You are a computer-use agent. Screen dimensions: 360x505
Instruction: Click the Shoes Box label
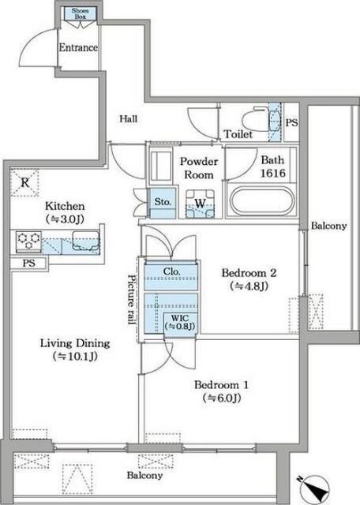[80, 13]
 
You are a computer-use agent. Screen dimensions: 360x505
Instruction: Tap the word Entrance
[78, 47]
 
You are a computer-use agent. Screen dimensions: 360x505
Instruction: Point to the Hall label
[128, 119]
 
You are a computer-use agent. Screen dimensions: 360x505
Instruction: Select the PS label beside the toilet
[291, 123]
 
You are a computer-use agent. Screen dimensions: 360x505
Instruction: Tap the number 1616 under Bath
[272, 174]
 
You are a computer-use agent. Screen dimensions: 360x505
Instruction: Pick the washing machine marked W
[201, 204]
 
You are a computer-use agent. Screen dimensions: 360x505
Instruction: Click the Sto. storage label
[163, 202]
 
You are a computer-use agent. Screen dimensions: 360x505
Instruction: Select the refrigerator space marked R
[25, 183]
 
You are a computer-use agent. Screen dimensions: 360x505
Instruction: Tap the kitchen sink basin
[86, 241]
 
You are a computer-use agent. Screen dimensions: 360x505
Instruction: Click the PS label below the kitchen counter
[28, 263]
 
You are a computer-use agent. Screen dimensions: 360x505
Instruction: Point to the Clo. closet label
[171, 271]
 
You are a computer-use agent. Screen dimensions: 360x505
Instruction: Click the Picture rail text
[132, 300]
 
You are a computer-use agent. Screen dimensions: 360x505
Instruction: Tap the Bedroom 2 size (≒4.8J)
[249, 286]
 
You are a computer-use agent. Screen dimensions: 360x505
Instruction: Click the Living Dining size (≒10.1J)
[75, 356]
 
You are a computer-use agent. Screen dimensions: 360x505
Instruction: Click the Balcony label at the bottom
[144, 475]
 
